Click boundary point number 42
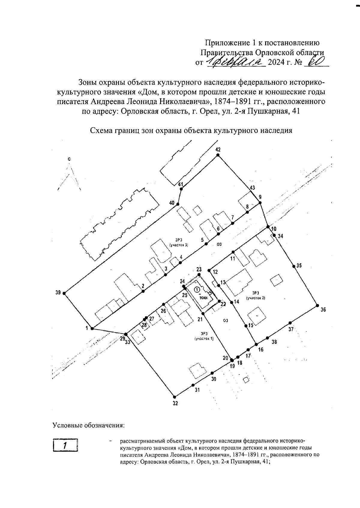218,155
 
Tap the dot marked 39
64,293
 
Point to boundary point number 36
317,306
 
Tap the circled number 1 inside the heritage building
197,290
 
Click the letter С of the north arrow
69,160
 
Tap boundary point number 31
193,385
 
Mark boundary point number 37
290,323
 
